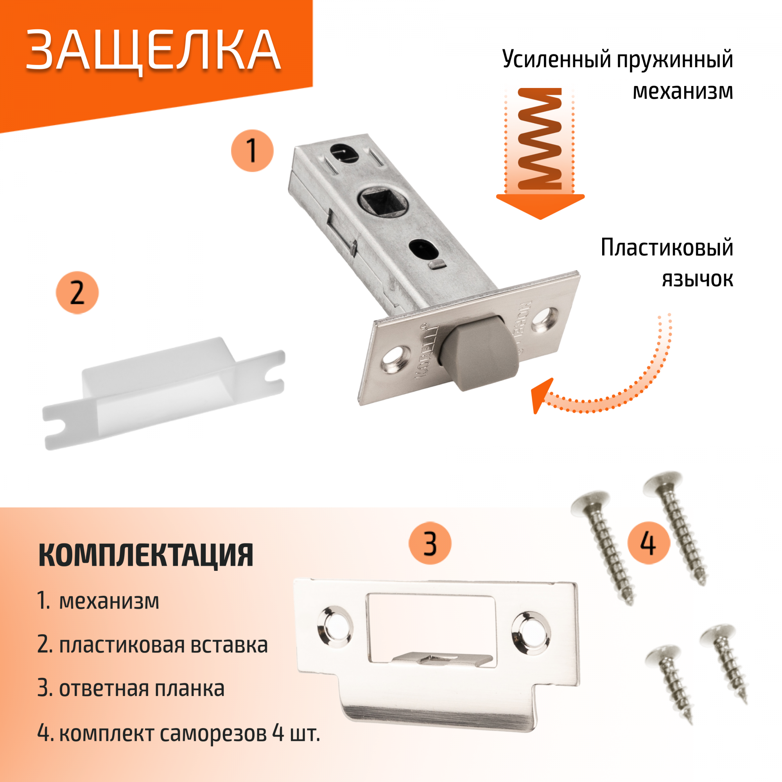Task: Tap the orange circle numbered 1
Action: click(x=252, y=151)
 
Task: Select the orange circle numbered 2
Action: click(x=77, y=292)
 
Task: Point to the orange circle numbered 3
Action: click(x=430, y=543)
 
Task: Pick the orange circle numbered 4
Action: click(x=648, y=543)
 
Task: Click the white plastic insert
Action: click(x=164, y=393)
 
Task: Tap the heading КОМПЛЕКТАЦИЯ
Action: click(x=146, y=555)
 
